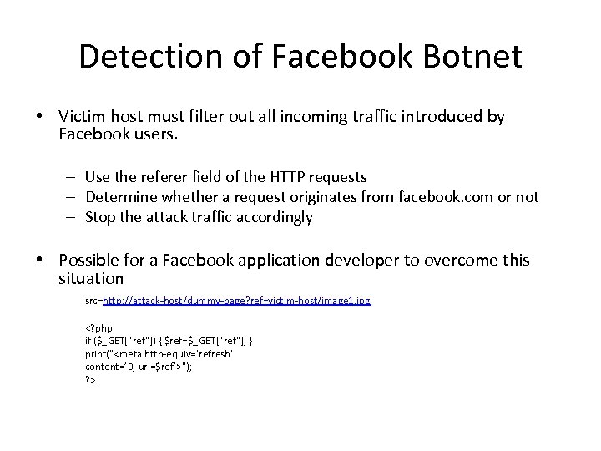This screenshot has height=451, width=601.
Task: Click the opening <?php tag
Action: [98, 328]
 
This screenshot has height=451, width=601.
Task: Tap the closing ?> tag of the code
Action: [90, 379]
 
